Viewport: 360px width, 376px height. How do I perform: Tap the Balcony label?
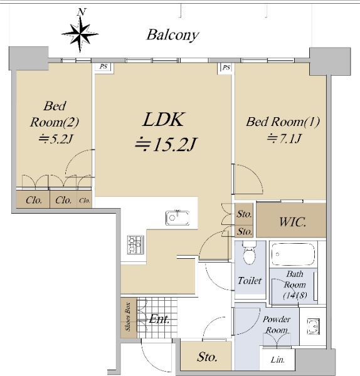click(x=173, y=35)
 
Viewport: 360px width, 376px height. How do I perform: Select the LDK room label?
click(x=164, y=120)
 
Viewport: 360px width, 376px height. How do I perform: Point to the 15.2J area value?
click(x=166, y=145)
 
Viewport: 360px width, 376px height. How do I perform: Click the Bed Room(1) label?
click(x=283, y=122)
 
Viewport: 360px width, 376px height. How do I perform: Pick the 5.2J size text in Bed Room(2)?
click(x=56, y=139)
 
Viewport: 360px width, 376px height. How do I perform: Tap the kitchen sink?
click(x=177, y=217)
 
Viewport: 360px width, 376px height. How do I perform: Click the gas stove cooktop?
click(x=135, y=244)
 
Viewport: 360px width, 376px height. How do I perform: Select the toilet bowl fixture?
click(x=250, y=253)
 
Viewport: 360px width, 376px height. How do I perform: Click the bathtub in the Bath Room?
click(x=293, y=254)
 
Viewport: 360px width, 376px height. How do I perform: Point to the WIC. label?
click(x=293, y=222)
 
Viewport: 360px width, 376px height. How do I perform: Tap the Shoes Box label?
click(x=128, y=316)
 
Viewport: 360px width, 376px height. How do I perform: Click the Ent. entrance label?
click(x=159, y=319)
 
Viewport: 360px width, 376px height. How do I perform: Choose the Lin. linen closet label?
click(x=278, y=360)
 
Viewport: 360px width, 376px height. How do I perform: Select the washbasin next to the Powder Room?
click(x=314, y=326)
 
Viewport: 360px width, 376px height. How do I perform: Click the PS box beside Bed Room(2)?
click(x=103, y=66)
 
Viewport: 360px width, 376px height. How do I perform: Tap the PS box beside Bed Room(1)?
click(x=226, y=68)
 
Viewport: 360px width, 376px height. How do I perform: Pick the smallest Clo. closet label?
click(x=85, y=201)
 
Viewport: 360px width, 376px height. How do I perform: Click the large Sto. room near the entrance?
click(x=206, y=356)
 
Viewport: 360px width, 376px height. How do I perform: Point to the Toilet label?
click(x=250, y=281)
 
